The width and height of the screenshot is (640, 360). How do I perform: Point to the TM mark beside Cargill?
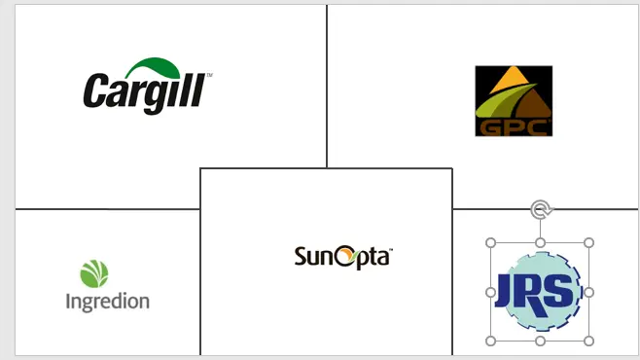point(210,75)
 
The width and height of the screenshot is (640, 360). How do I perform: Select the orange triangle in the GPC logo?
point(513,80)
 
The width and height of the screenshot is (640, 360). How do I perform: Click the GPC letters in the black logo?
point(514,127)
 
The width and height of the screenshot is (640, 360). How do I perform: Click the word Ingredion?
point(108,302)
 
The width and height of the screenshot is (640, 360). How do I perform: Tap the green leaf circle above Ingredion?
point(94,273)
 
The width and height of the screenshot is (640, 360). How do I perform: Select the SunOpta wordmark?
point(343,257)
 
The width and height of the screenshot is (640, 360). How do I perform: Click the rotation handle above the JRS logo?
point(541,210)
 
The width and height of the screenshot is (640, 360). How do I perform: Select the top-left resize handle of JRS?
point(490,243)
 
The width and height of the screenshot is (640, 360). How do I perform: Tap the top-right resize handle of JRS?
point(588,243)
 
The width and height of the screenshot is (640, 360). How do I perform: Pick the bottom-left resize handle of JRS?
point(490,341)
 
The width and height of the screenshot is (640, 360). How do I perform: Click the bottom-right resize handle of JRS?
point(588,341)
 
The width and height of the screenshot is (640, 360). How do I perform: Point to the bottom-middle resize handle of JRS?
point(540,341)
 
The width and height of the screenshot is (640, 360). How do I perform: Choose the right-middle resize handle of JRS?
point(588,292)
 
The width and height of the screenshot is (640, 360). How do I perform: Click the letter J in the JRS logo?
point(505,290)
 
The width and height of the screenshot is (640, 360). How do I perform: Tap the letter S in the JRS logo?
point(561,290)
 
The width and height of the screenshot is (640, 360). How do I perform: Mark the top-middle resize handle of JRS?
point(540,243)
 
